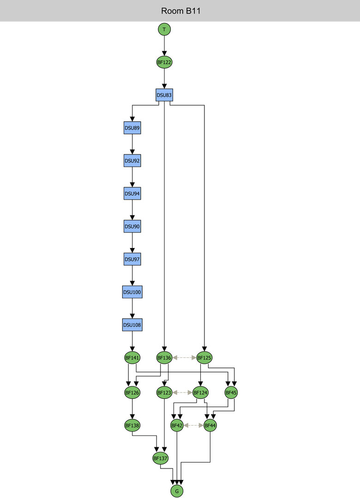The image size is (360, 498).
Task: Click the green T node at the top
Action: tap(164, 29)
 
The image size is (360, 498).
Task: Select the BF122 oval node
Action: tap(164, 62)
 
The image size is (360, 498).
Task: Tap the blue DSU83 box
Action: tap(164, 95)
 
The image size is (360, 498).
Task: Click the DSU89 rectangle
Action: tap(132, 128)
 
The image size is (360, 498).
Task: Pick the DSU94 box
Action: tap(132, 194)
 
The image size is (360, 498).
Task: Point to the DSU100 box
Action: tap(132, 292)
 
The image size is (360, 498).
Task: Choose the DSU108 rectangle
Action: tap(132, 325)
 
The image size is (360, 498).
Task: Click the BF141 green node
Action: tap(132, 357)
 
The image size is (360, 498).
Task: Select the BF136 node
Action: tap(164, 357)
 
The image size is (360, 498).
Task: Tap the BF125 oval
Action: tap(204, 357)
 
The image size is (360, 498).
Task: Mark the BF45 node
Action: tap(231, 392)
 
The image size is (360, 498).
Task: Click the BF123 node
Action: tap(164, 392)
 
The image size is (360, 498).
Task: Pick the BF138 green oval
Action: tap(132, 425)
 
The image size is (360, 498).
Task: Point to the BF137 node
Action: tap(160, 458)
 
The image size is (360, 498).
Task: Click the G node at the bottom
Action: tap(176, 491)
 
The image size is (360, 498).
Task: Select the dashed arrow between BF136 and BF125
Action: tap(184, 357)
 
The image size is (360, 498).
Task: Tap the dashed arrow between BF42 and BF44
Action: tap(193, 425)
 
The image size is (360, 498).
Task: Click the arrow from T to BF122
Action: tap(164, 45)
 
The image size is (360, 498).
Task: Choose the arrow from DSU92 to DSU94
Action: tap(132, 177)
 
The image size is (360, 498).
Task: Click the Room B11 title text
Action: tap(180, 11)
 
